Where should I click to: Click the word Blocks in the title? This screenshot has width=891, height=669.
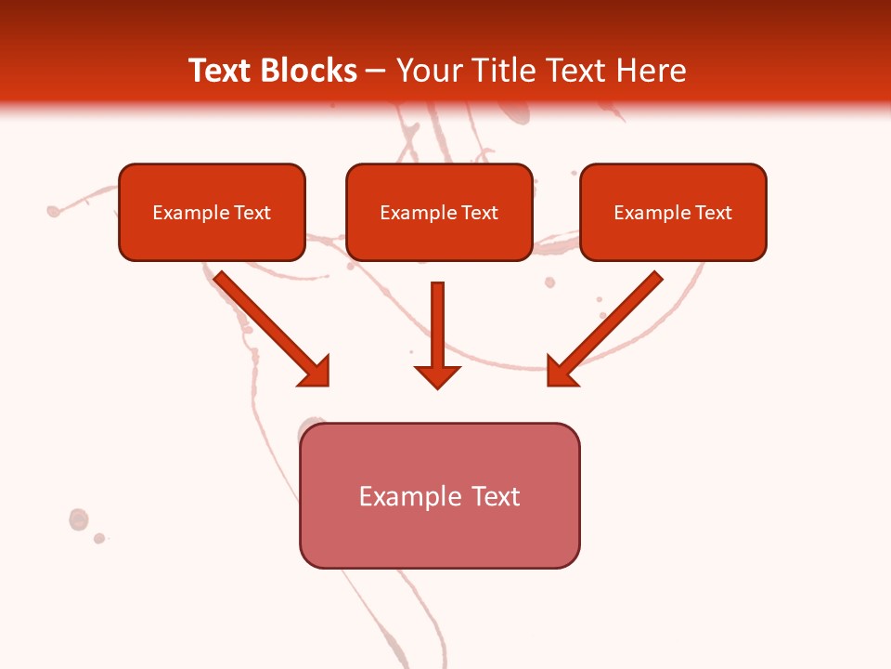pyautogui.click(x=308, y=71)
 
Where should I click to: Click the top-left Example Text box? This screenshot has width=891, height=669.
pyautogui.click(x=212, y=212)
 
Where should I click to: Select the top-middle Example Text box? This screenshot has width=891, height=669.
pyautogui.click(x=439, y=212)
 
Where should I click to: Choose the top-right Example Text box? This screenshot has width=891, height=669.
pyautogui.click(x=673, y=212)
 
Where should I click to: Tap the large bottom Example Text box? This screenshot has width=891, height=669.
pyautogui.click(x=439, y=495)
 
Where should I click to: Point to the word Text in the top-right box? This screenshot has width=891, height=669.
pyautogui.click(x=714, y=213)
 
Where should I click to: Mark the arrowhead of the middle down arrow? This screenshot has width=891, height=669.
pyautogui.click(x=437, y=375)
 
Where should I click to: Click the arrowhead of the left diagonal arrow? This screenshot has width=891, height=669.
pyautogui.click(x=316, y=372)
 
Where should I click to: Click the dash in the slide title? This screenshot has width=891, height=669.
pyautogui.click(x=376, y=72)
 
